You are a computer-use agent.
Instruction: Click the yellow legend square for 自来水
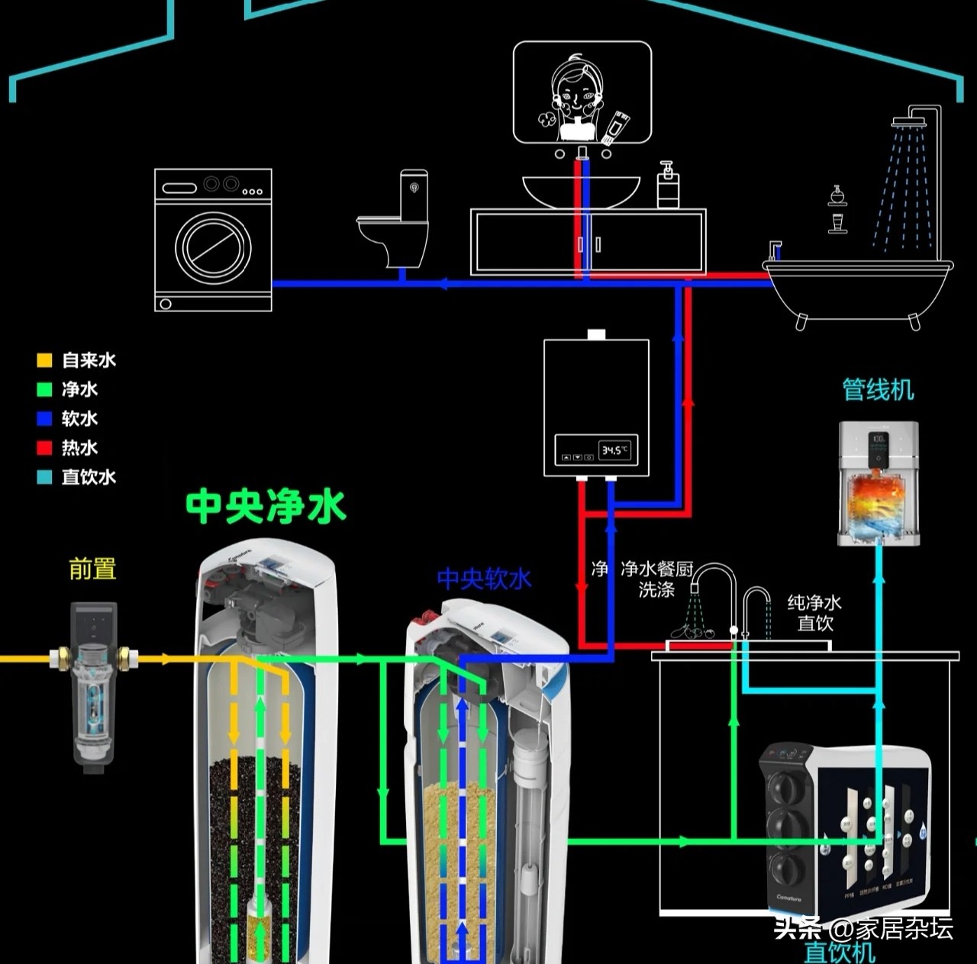click(x=45, y=360)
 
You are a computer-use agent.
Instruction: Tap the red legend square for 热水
click(x=45, y=448)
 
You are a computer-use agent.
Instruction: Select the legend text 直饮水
click(x=89, y=477)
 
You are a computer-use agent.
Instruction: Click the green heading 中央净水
click(x=266, y=506)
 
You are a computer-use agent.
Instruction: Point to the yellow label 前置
click(x=92, y=569)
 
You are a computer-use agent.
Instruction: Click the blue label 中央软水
click(x=484, y=579)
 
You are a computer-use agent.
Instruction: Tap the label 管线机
click(x=878, y=390)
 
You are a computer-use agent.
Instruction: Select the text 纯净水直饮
click(x=814, y=613)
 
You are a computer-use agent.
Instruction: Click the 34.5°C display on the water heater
click(x=614, y=450)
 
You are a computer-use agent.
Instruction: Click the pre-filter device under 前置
click(x=94, y=683)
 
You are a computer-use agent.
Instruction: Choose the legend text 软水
click(x=79, y=419)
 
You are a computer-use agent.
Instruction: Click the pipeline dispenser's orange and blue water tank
click(x=878, y=501)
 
